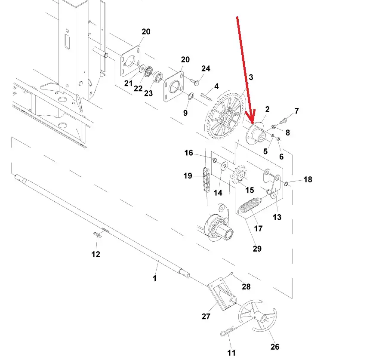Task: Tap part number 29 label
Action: [257, 249]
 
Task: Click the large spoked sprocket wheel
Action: [225, 115]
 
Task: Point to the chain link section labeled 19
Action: [206, 179]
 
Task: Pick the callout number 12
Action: [96, 254]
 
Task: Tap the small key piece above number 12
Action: [97, 234]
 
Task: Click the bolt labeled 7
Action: [284, 120]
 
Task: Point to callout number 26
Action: [275, 347]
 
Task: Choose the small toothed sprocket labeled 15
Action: [239, 175]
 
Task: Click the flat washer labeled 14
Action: [225, 166]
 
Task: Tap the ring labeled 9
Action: [191, 96]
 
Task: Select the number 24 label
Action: [206, 69]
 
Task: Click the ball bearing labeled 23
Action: [158, 77]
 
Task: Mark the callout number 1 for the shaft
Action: [155, 278]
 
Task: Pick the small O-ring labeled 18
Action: [287, 184]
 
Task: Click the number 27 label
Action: [206, 316]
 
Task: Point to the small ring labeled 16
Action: [215, 160]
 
